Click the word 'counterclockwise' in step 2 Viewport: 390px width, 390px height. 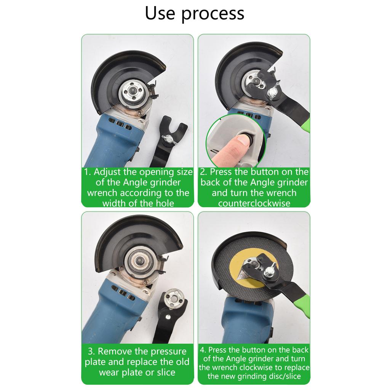(254, 203)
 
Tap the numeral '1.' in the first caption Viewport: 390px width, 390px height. (88, 172)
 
